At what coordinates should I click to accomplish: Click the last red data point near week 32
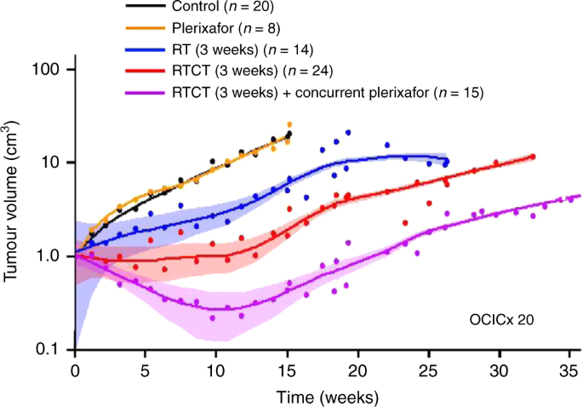point(533,157)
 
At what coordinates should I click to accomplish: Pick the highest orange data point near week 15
point(289,124)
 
